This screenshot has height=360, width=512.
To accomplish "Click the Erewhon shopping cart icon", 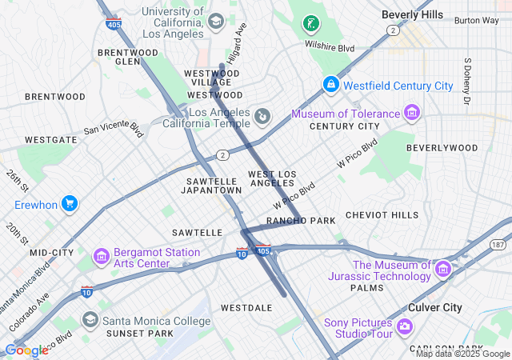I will [70, 204].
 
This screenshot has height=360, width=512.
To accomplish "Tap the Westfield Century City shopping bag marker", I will [330, 84].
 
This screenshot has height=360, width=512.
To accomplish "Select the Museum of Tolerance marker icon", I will [411, 113].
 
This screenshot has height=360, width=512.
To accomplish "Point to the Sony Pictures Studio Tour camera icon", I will [404, 326].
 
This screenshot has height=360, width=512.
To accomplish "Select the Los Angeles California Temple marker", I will [262, 118].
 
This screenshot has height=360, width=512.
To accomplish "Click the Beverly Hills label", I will [412, 14].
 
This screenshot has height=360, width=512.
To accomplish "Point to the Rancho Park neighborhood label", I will [301, 221].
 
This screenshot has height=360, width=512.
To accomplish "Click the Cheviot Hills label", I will [382, 215].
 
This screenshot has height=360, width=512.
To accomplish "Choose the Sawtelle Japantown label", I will [211, 186].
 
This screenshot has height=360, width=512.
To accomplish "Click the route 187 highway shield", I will [498, 244].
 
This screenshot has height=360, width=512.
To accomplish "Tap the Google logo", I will [26, 350].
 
